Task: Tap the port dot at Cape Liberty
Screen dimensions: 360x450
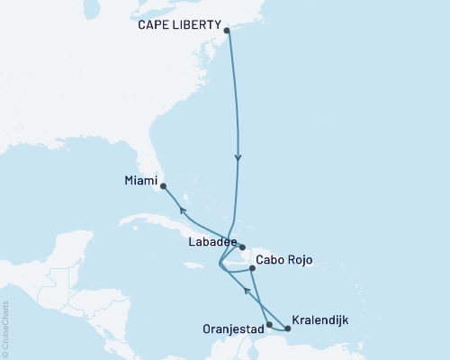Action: tap(226, 31)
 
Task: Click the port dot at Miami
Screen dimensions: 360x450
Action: tap(163, 187)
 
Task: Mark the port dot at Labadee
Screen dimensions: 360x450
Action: tap(242, 246)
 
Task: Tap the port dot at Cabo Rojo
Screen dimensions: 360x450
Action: tap(252, 267)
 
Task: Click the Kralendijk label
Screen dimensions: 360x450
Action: tap(320, 319)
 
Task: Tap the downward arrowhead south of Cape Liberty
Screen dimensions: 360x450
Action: tap(238, 158)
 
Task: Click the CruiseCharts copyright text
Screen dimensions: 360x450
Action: tap(6, 328)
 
